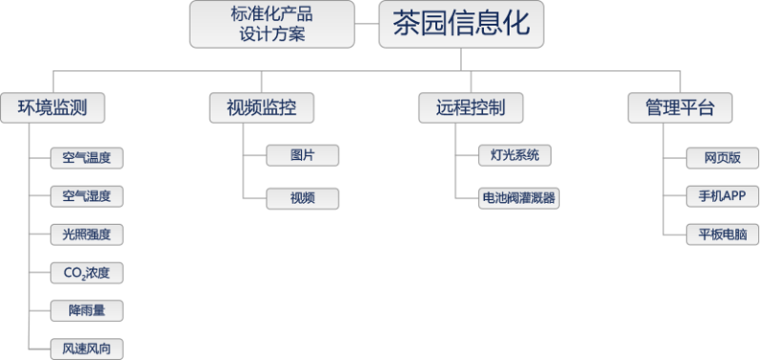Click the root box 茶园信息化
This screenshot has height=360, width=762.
[462, 24]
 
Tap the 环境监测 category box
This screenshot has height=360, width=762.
[52, 108]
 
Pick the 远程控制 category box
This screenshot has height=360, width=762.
[471, 108]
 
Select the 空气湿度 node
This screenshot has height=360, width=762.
[87, 196]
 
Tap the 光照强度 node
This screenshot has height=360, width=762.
[87, 234]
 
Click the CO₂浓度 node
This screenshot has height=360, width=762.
[87, 273]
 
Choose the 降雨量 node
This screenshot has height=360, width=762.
[87, 310]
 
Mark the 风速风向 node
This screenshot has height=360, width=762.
[87, 348]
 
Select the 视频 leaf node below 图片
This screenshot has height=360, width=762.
[302, 198]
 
